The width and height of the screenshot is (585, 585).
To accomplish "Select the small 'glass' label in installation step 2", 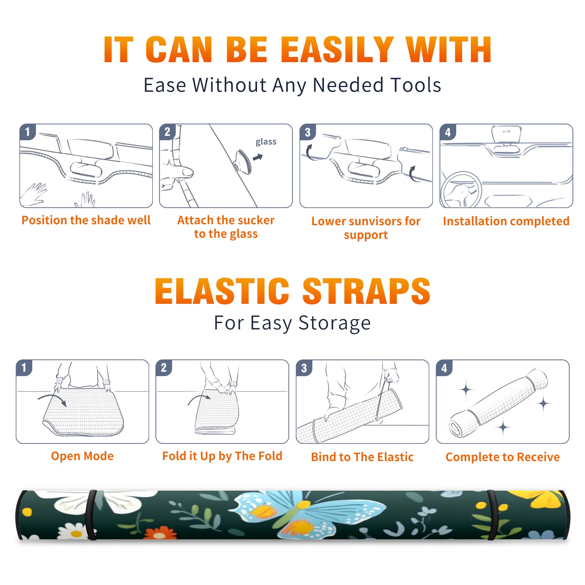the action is pos(266,142).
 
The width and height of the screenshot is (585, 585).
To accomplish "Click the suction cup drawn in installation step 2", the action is pos(242,162).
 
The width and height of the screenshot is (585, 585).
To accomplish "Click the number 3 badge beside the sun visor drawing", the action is pos(307,132).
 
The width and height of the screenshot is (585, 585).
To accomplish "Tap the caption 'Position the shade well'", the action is pos(86,220).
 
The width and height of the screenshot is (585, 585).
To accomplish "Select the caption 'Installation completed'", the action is pos(506,221).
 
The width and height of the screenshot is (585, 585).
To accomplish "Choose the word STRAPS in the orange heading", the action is pos(366,291).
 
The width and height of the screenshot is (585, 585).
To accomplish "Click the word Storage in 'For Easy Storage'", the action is pos(335,323).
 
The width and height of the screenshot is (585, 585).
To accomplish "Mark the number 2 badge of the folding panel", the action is pos(164,367).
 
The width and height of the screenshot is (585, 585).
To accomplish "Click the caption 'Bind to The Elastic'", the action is pos(362,457).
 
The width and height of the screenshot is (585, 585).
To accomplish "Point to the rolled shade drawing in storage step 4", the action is pos(499,403).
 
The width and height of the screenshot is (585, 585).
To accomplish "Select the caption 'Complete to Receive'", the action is pos(502,457).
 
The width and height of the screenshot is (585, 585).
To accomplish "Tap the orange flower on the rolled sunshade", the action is pos(160,533).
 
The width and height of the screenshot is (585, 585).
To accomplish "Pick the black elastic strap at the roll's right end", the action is pos(492,515).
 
